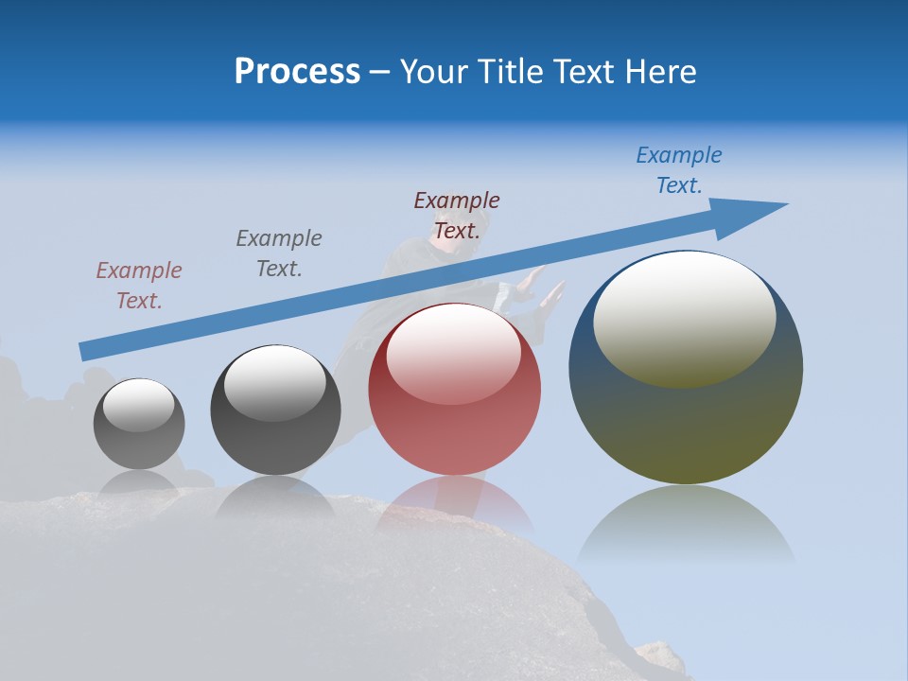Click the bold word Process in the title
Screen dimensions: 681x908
click(297, 72)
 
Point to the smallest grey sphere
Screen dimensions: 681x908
click(139, 424)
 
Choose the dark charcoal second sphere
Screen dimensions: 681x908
click(275, 410)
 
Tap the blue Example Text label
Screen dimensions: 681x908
click(679, 170)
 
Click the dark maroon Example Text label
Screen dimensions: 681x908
click(457, 215)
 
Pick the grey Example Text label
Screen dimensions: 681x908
click(279, 253)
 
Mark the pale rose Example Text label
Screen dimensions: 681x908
click(139, 285)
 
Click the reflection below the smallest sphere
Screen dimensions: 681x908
click(139, 481)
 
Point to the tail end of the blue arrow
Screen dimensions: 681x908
click(85, 351)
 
